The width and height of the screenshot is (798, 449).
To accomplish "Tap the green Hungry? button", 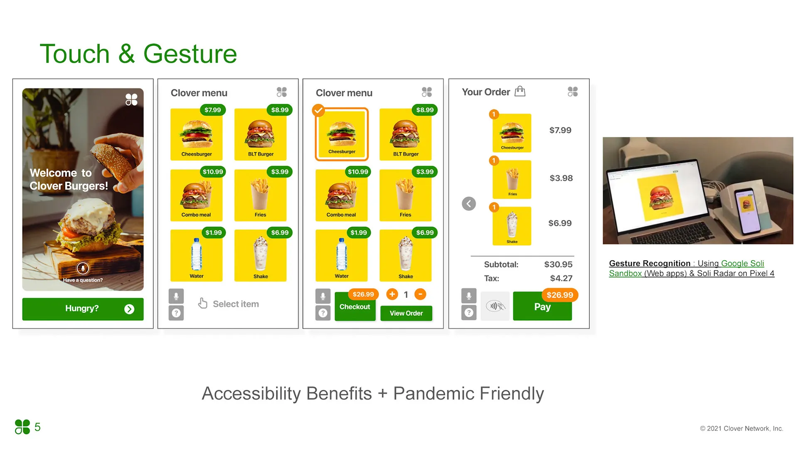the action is [83, 309].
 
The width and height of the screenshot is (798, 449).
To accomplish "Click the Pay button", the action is [542, 307].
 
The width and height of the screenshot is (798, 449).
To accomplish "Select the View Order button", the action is [406, 313].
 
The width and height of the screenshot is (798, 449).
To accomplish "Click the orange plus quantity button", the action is [392, 294].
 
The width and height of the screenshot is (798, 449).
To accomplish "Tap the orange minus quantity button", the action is [420, 294].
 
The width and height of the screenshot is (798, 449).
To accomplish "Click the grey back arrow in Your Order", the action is [469, 204].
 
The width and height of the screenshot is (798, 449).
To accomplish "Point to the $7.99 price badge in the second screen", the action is [212, 110].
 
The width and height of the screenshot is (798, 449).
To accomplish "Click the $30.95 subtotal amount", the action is [558, 264].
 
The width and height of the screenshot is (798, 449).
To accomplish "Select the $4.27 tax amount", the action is [561, 278].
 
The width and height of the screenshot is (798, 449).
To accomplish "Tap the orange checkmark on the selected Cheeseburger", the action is [318, 110].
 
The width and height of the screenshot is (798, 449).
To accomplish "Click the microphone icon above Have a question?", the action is [83, 269].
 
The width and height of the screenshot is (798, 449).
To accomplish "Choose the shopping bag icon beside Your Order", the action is [520, 91].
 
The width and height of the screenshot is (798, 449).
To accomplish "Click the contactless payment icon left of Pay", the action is [495, 306].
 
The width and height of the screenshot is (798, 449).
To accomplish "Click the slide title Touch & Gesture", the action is [138, 54].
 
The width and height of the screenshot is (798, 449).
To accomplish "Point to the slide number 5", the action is [37, 427].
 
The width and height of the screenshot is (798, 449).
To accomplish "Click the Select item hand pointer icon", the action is [202, 303].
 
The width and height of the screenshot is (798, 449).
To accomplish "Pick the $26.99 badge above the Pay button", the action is [559, 295].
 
